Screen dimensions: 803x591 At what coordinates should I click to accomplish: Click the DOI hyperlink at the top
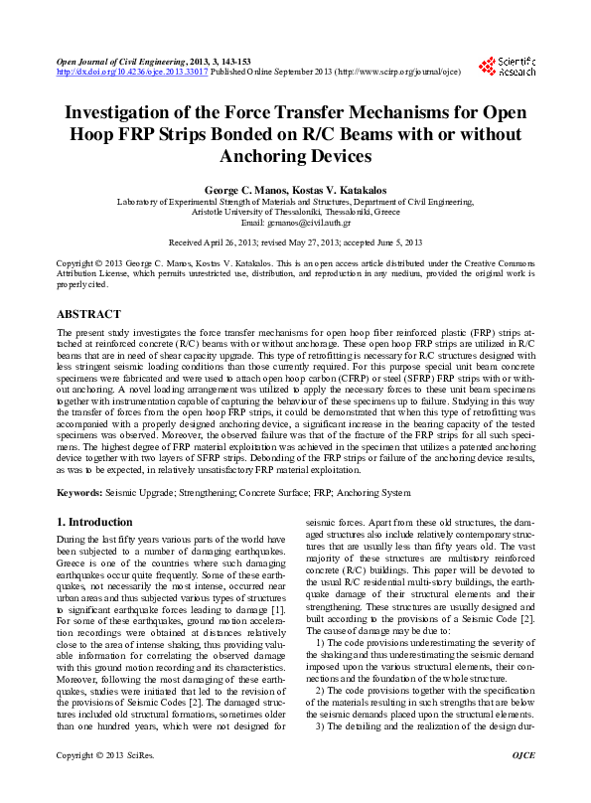click(x=132, y=73)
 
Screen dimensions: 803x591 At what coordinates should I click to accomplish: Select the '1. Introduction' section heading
click(x=94, y=523)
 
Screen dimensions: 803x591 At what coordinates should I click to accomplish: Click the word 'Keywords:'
click(x=79, y=493)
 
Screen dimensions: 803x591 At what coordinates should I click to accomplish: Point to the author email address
click(x=295, y=223)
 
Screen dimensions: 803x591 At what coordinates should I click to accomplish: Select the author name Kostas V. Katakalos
click(x=339, y=189)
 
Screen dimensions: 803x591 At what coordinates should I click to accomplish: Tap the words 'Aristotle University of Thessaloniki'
click(x=253, y=212)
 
